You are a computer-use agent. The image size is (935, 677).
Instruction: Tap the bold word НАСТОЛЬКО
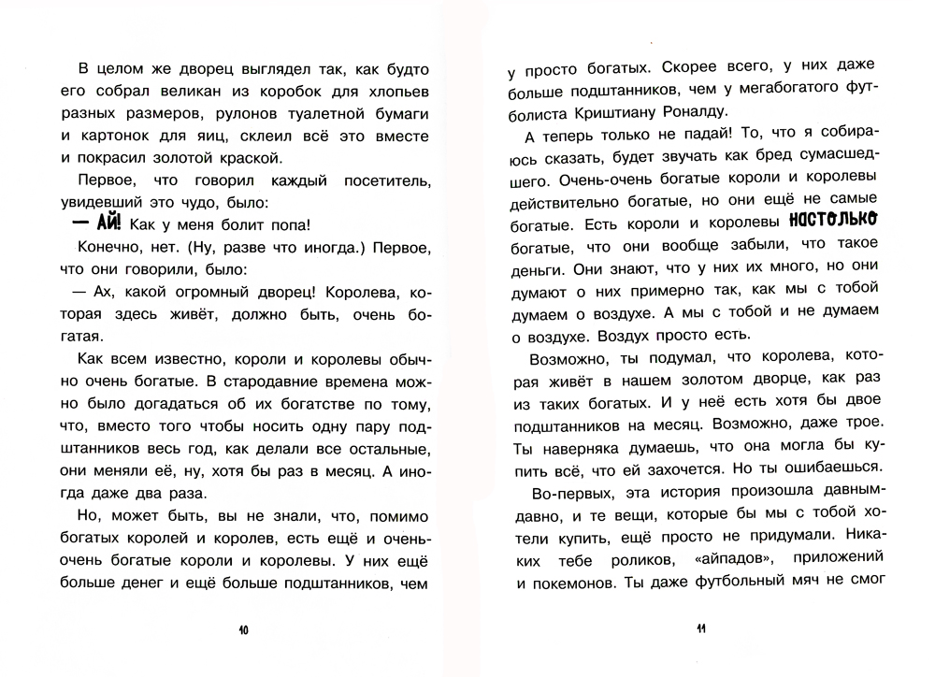point(832,222)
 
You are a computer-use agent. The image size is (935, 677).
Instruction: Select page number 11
point(698,630)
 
